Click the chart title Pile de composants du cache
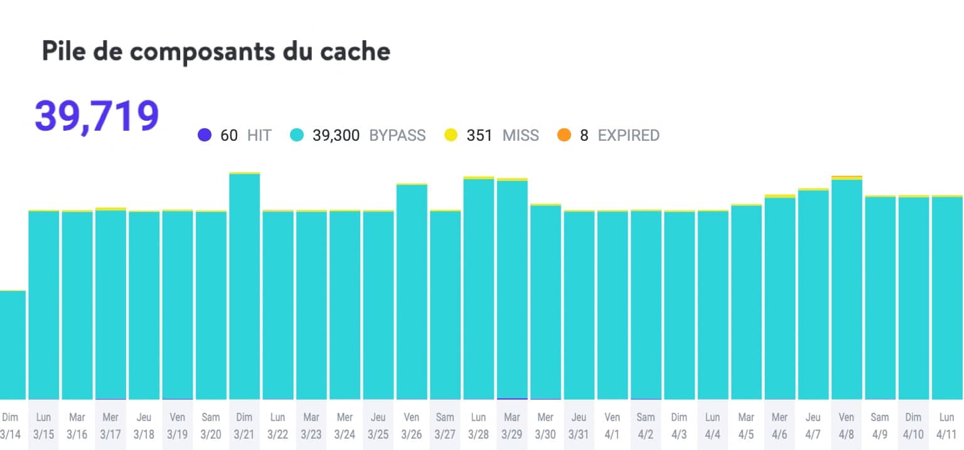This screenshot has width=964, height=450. (x=216, y=52)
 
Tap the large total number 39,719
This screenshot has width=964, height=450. (x=97, y=116)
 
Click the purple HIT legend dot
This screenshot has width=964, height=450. (x=205, y=135)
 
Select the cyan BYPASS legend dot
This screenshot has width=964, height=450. (x=297, y=135)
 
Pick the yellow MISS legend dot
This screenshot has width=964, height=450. (x=451, y=135)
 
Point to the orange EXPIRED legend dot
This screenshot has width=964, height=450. (x=564, y=135)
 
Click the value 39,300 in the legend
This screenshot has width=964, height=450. (x=336, y=135)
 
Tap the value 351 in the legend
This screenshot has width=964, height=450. (x=479, y=135)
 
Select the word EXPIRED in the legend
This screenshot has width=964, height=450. (x=628, y=135)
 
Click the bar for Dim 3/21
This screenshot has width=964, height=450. (x=245, y=286)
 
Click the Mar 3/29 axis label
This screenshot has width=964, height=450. (x=512, y=426)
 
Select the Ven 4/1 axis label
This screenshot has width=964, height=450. (x=612, y=426)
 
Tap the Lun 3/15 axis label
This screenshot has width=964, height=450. (x=44, y=426)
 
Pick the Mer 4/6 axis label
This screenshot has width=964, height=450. (x=779, y=426)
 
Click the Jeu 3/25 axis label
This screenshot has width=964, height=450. (x=378, y=426)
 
